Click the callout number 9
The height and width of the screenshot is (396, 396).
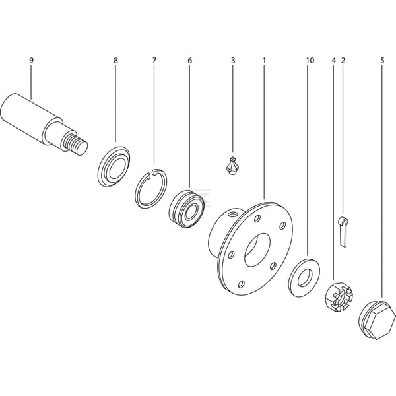coord(31,61)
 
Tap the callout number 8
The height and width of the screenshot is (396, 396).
coord(115,61)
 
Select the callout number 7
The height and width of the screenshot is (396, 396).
coord(154,61)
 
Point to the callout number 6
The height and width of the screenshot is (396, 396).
coord(190,61)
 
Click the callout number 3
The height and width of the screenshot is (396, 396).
coord(233,61)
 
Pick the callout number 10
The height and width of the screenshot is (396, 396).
coord(310,61)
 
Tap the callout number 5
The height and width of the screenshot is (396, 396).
coord(382,61)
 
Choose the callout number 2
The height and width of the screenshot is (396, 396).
coord(343,61)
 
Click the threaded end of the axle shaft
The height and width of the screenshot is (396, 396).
coord(75,145)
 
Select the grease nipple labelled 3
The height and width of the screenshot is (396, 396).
coord(233,166)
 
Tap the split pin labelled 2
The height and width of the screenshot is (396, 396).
coord(343,232)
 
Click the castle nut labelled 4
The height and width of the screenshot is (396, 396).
coord(339,297)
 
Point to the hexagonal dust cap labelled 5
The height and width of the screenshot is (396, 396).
coord(377,319)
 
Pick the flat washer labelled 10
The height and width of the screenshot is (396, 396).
coord(304,278)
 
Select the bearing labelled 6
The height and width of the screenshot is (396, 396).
coord(186,209)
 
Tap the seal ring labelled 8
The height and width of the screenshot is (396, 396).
coord(114,166)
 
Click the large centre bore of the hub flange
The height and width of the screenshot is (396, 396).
coord(257,249)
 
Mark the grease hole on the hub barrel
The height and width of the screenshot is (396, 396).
coord(232,214)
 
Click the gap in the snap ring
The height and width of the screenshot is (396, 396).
coord(153,172)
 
